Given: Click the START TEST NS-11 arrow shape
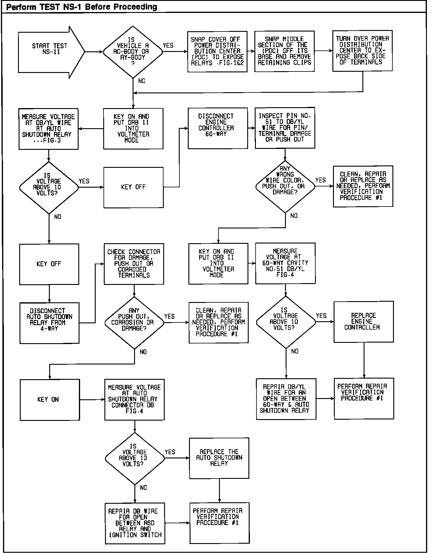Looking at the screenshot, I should tap(49, 52).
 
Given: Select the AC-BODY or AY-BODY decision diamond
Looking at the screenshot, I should tap(133, 52).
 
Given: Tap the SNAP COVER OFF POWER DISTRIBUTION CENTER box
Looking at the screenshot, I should tap(217, 52).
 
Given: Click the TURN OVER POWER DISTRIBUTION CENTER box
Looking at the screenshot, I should tap(362, 51).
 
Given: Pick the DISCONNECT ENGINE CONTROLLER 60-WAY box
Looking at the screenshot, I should tap(218, 128).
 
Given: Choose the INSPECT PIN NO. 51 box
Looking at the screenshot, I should tap(285, 128).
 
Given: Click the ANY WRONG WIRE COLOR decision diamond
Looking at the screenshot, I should tap(285, 186).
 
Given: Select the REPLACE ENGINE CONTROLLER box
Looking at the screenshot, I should tap(364, 322).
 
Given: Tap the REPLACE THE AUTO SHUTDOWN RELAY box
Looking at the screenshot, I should tap(219, 458).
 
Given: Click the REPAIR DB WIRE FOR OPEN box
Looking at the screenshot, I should tap(135, 524).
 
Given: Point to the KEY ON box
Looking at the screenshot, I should tap(49, 400).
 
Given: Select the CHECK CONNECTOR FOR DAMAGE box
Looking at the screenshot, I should tap(134, 264).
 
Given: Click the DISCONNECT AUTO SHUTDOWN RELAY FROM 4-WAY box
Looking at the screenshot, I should tap(49, 323).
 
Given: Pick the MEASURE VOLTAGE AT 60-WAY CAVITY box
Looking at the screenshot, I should tap(285, 263).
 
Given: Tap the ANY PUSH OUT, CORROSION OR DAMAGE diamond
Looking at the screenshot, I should tap(134, 323).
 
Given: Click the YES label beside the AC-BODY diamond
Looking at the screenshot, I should tap(168, 46).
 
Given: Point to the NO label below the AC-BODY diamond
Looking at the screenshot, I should tap(142, 81).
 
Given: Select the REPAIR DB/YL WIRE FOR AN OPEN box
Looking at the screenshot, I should tap(286, 399).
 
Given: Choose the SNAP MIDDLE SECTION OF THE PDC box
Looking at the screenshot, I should tap(284, 51).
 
